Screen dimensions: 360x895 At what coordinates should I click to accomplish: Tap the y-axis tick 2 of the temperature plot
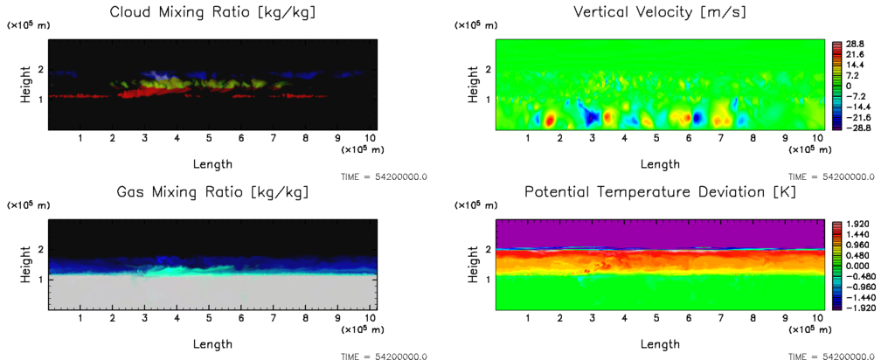click(x=487, y=250)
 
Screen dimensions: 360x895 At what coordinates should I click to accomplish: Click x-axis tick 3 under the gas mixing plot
click(x=144, y=319)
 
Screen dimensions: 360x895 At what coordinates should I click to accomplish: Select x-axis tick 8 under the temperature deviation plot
click(x=753, y=319)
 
